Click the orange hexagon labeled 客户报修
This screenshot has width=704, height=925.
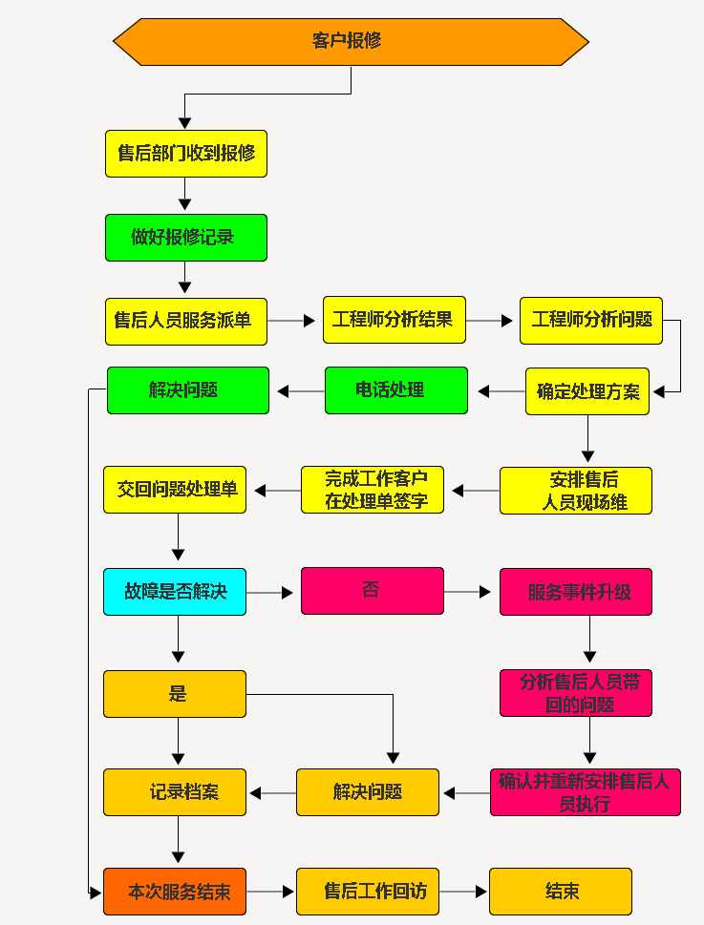pos(351,41)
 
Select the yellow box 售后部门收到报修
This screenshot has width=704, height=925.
pos(185,154)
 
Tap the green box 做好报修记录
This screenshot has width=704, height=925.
pos(185,238)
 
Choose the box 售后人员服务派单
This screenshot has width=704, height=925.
pos(185,321)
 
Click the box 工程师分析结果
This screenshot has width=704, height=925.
pos(394,320)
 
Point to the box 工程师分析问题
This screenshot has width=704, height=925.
pos(590,321)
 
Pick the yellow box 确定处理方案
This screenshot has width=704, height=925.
pos(587,391)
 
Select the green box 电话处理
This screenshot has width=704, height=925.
pos(395,390)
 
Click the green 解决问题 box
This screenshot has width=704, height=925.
pos(187,390)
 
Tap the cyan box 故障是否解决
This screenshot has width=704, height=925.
pos(174,592)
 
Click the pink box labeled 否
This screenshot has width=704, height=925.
pos(372,591)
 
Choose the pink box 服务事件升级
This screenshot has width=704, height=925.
pos(575,592)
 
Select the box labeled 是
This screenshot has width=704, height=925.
pos(174,694)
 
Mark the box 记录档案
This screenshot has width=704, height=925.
pos(174,792)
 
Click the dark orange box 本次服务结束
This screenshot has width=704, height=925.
pos(174,892)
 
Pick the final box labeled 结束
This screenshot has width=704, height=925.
pos(560,892)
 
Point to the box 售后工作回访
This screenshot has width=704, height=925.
pos(367,892)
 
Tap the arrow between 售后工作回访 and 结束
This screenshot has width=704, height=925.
pos(464,892)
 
